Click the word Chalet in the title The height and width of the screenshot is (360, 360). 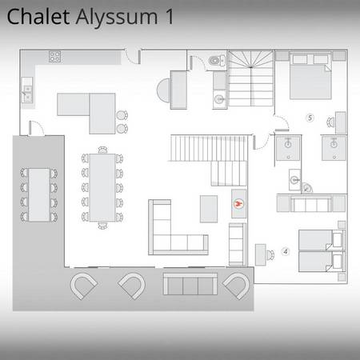point(38,17)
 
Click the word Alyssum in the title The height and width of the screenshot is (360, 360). point(117,17)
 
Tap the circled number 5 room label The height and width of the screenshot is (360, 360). point(310,118)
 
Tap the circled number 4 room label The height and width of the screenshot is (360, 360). point(286,251)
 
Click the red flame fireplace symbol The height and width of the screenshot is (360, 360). point(238,204)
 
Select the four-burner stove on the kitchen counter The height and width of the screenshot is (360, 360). point(54,57)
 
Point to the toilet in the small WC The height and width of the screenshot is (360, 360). point(217,61)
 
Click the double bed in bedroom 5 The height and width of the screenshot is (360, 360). point(310,76)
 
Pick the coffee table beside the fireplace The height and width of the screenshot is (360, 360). point(209,209)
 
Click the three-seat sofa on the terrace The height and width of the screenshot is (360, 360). point(190,284)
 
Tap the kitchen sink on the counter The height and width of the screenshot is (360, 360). point(27,94)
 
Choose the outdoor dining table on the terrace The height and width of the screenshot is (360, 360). point(39,194)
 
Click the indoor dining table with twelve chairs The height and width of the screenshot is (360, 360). point(102,187)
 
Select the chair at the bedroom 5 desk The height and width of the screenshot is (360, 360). point(330,122)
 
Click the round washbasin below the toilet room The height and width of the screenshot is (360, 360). point(220,99)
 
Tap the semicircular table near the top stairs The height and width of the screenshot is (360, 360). point(163,90)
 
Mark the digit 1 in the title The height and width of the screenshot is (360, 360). point(169,17)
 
